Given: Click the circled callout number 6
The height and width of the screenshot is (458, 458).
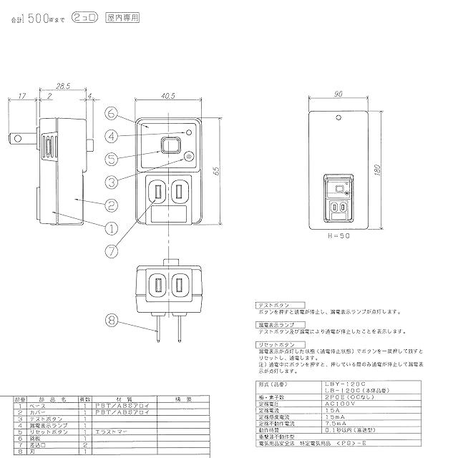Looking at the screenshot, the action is point(112,112).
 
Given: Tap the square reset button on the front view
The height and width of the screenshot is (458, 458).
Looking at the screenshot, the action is point(170,146).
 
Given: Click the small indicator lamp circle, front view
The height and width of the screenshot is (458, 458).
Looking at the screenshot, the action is point(189,133).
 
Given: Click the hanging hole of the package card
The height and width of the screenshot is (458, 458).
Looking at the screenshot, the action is point(337,113).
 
